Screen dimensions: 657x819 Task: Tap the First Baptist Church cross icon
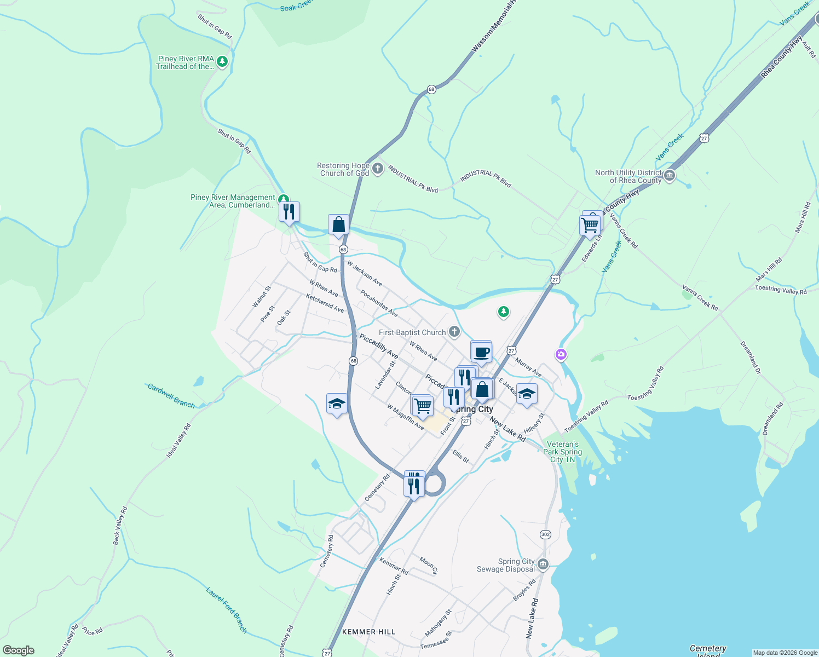454,332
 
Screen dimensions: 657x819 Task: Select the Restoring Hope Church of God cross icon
378,169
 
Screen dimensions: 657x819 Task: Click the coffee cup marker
481,353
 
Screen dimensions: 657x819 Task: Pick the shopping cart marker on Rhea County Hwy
590,225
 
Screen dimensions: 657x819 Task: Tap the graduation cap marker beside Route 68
336,404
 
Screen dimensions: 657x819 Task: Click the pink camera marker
561,355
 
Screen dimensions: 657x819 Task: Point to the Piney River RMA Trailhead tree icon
222,61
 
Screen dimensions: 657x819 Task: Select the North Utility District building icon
669,176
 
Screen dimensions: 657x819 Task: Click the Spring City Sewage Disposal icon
543,564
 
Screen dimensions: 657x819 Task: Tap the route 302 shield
545,534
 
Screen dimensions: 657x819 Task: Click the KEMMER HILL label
368,632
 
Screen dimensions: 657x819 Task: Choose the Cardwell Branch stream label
171,396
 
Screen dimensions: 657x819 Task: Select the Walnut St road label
262,297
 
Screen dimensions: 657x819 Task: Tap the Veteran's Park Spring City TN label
562,452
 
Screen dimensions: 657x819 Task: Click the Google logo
19,650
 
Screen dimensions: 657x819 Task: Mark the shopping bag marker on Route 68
338,224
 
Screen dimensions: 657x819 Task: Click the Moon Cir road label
429,565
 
